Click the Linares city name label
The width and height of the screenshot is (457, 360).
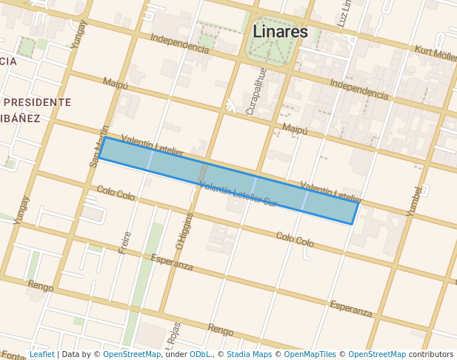(x=280, y=32)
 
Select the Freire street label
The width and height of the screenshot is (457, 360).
(x=124, y=242)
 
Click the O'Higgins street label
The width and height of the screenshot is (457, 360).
(x=184, y=230)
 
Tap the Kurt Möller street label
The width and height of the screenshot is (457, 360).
(x=435, y=53)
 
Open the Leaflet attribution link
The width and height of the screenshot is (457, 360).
(x=41, y=355)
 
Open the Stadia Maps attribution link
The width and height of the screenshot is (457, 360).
(x=248, y=355)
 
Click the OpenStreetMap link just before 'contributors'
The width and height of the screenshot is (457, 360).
(x=377, y=355)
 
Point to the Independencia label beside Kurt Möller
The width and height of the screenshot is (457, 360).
(x=358, y=90)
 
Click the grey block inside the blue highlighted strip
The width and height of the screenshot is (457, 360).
(x=203, y=173)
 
